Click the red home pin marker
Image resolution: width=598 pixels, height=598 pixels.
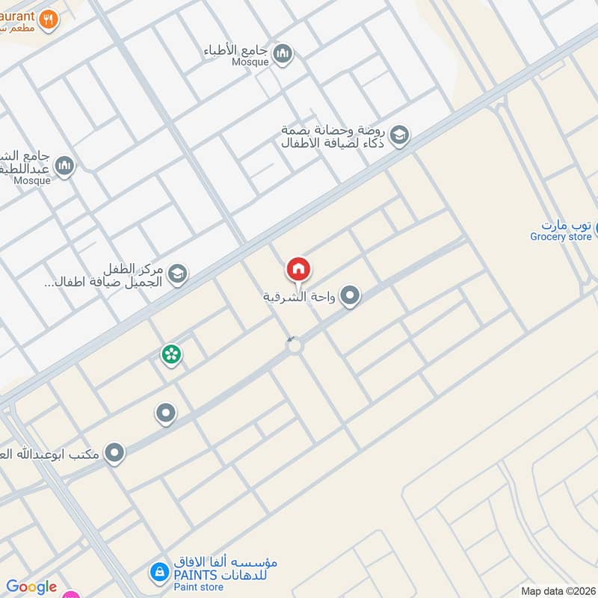pos(298,269)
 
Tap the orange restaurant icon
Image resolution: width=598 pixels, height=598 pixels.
pos(49,19)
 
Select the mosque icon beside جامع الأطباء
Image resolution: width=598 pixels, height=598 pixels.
pos(282,53)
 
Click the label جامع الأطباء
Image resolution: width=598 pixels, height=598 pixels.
pos(237,51)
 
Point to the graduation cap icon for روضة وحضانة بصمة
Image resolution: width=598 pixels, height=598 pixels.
pos(400,135)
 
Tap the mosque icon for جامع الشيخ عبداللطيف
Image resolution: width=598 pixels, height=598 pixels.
pos(65,165)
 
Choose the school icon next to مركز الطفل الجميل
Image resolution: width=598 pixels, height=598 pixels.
pos(177,274)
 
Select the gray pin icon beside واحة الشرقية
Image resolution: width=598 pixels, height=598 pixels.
pos(350,297)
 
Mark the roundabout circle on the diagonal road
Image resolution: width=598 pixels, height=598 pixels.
pos(295,346)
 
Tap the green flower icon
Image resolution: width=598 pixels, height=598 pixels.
pos(171,354)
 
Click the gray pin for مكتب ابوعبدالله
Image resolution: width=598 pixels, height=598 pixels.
pos(114,453)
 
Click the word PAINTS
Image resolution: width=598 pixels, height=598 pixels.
pos(196,574)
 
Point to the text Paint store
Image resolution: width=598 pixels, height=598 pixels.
pos(199,588)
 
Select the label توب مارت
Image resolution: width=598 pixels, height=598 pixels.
pos(567,224)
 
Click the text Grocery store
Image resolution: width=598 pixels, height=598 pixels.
pos(561,237)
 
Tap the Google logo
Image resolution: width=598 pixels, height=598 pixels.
pos(31,587)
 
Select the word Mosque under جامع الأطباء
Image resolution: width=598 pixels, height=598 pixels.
pos(250,62)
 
